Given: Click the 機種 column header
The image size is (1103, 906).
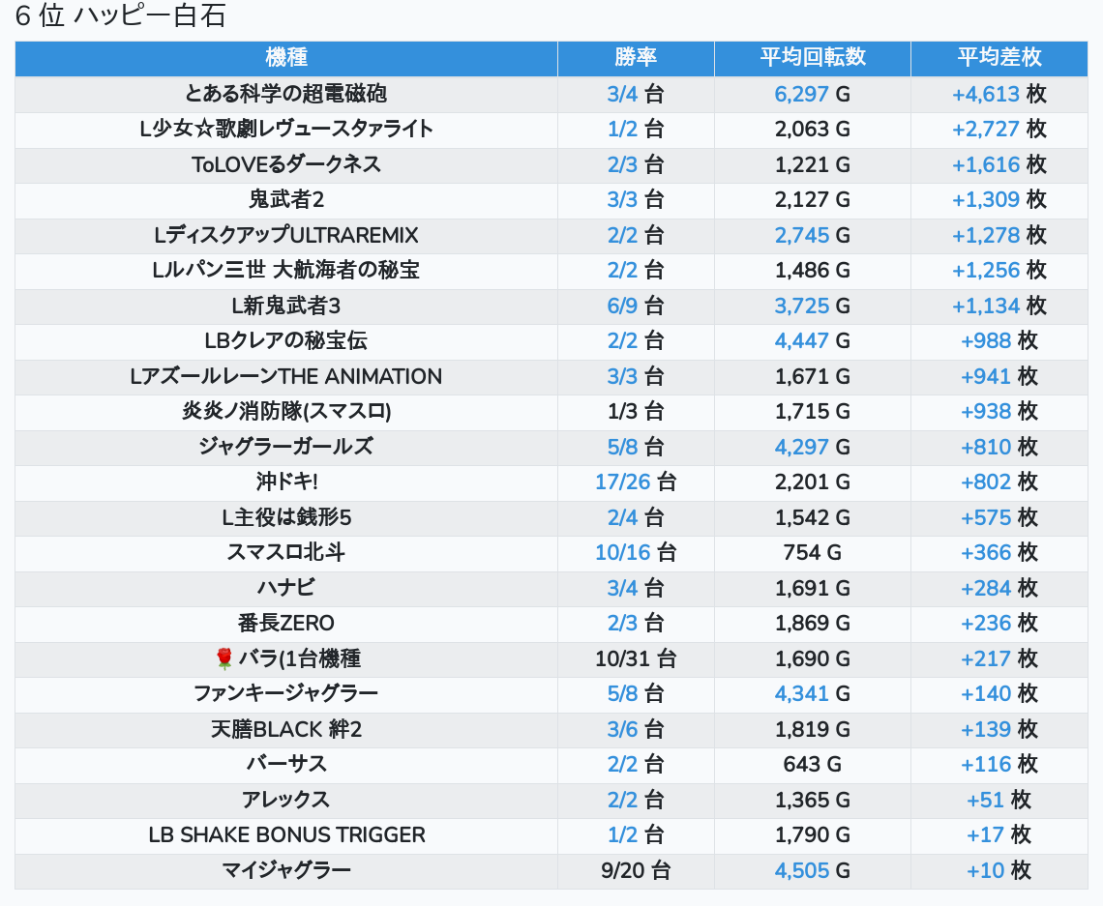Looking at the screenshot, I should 285,58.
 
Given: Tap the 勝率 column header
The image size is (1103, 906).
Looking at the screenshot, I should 636,58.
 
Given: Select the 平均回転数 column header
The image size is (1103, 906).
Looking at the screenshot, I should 813,58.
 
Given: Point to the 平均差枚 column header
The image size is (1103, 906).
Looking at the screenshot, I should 999,58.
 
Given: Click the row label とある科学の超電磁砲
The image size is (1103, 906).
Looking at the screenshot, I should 285,94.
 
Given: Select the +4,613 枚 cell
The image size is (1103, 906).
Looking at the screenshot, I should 999,94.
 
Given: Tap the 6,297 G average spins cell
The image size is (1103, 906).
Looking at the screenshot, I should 813,94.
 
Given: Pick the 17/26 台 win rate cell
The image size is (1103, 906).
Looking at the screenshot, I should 636,482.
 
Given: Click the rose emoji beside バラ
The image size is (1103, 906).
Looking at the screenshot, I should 224,658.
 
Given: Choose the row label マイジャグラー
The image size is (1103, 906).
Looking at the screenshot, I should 285,870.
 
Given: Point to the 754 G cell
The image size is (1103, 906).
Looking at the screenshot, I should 813,552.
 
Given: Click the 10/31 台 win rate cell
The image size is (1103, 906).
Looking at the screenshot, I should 636,658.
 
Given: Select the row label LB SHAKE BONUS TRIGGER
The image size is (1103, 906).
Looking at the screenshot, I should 286,834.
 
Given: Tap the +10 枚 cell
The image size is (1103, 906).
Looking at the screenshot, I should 999,870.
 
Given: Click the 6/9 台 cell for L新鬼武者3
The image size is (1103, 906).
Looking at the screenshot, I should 636,306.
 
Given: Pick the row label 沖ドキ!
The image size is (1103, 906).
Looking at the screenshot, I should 285,482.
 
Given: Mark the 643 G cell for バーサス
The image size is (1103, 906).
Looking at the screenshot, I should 813,764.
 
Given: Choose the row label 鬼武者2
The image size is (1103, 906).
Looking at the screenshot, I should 285,199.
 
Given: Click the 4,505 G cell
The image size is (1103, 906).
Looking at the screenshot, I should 813,870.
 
